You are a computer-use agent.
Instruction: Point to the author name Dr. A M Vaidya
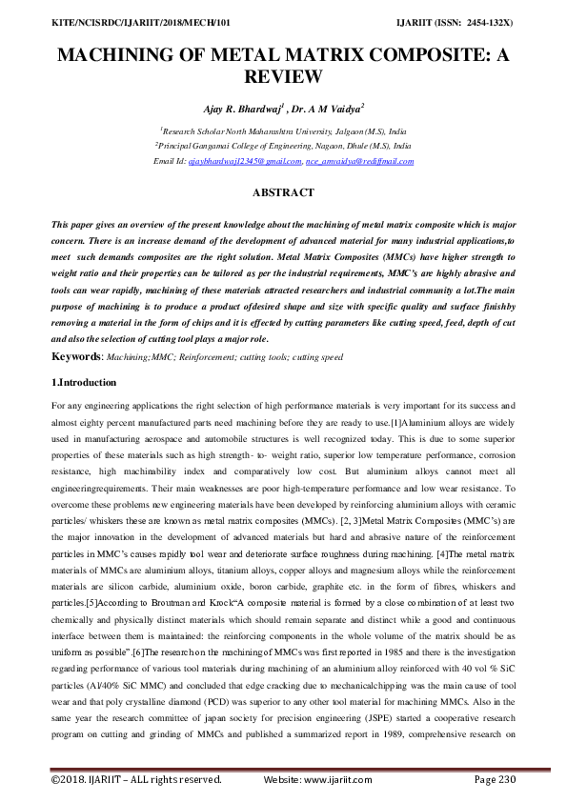tap(323, 110)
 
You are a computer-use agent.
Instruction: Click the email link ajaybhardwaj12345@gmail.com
tap(244, 162)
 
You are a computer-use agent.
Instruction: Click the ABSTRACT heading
tap(283, 192)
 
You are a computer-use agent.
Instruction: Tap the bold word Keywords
tap(80, 356)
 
